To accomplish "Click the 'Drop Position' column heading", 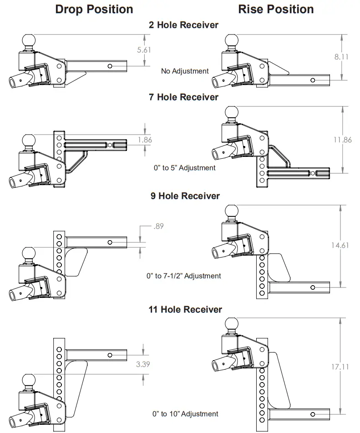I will [94, 9].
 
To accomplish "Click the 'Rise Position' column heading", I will [276, 9].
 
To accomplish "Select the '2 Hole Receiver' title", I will [184, 25].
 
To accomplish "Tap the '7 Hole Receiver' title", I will [184, 97].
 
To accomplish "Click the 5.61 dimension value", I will [144, 50].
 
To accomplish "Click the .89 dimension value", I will [158, 226].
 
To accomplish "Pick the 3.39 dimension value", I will [144, 364].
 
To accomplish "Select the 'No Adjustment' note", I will [185, 71].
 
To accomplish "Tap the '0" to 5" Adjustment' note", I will [184, 168].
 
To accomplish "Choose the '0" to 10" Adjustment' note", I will [185, 414].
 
